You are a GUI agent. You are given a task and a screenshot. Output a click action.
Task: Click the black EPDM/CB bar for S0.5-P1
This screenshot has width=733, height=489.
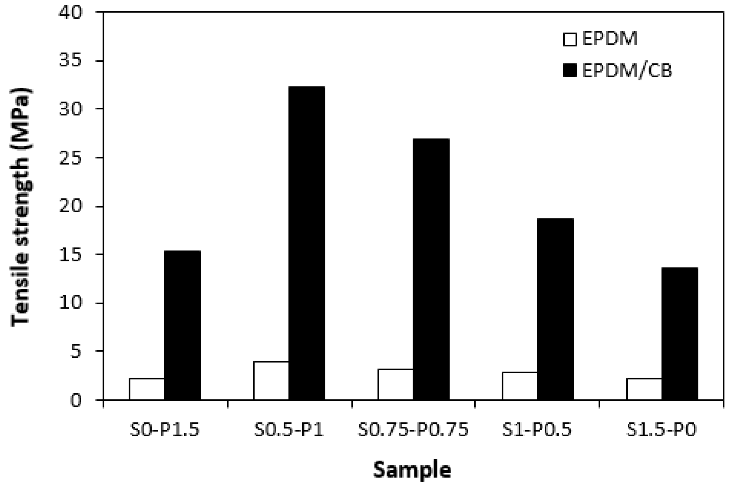306,243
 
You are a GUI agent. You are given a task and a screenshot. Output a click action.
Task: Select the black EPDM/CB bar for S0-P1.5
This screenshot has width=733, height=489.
182,325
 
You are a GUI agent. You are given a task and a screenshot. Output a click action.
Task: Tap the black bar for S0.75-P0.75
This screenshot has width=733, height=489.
431,269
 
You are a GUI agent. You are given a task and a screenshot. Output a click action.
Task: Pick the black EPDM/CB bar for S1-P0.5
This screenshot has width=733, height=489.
555,309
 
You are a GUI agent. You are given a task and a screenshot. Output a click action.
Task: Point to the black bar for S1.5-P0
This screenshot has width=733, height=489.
680,333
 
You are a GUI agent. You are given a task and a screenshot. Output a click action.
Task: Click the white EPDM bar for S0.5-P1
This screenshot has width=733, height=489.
271,380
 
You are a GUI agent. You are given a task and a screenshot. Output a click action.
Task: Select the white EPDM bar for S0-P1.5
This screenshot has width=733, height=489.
147,389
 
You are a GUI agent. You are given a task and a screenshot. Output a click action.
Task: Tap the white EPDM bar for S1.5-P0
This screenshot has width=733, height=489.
644,389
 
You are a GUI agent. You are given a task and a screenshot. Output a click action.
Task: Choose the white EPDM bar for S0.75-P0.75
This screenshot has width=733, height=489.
395,384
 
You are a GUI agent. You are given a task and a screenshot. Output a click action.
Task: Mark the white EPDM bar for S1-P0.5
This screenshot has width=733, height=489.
520,386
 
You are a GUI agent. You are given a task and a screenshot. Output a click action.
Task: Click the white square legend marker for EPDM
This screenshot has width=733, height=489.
570,40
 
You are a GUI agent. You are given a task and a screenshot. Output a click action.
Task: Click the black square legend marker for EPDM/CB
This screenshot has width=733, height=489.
570,71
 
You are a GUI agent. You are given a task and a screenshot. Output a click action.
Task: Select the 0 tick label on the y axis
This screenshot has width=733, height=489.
76,400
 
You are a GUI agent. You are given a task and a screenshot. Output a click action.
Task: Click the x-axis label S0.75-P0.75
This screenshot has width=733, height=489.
413,430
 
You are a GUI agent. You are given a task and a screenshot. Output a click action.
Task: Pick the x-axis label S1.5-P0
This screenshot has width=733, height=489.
661,430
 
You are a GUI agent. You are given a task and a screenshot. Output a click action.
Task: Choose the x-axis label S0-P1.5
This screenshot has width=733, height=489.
165,430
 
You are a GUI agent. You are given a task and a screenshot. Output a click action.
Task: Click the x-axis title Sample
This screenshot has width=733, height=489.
412,470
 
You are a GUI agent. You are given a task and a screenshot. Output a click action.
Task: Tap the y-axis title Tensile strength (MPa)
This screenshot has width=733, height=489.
21,207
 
